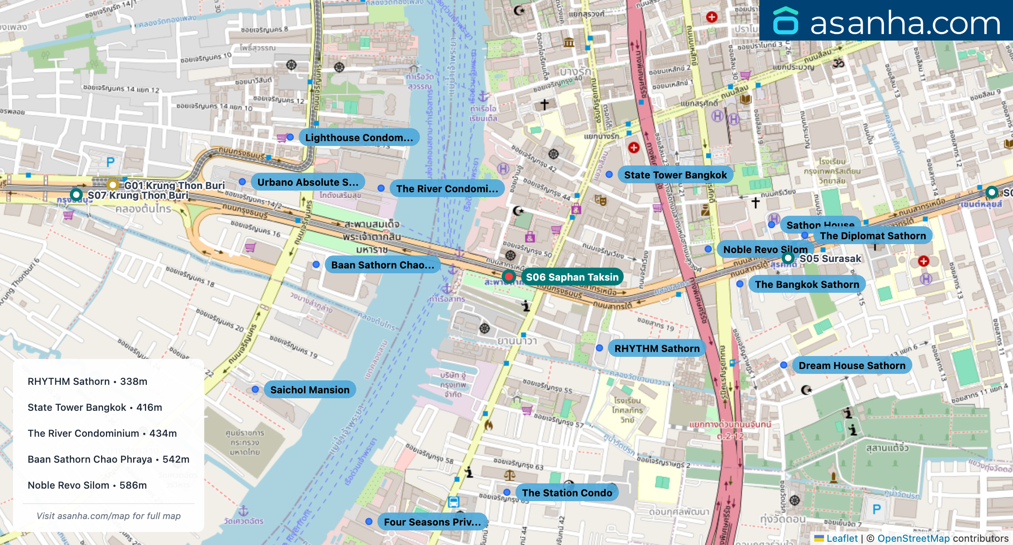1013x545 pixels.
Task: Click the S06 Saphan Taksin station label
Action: click(572, 277)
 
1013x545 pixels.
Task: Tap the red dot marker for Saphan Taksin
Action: click(508, 277)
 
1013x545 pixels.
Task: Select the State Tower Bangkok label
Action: click(675, 175)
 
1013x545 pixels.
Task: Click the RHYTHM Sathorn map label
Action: click(657, 348)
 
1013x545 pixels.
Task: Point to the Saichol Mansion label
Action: click(310, 390)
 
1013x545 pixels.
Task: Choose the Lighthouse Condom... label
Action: click(359, 137)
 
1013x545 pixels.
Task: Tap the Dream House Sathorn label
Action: click(851, 365)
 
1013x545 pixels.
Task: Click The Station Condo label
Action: click(567, 493)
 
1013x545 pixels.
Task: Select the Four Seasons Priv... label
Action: click(432, 522)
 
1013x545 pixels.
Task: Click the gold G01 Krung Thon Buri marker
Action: click(112, 185)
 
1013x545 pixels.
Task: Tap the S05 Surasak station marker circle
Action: click(788, 258)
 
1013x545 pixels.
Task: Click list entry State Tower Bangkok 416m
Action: click(95, 407)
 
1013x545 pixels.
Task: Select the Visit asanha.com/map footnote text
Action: click(108, 516)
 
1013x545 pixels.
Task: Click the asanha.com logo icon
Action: click(785, 21)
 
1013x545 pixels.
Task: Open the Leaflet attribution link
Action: click(842, 538)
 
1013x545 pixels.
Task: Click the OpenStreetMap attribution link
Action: click(913, 538)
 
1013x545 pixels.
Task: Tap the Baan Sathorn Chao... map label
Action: click(382, 265)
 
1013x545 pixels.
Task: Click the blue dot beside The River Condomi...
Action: click(381, 188)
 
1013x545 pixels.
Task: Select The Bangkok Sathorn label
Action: click(807, 284)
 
